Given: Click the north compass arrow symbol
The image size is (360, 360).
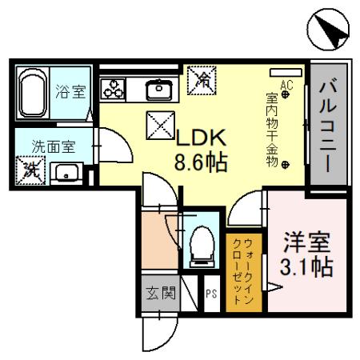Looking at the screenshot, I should click(329, 33).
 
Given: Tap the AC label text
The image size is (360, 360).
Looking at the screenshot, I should click(286, 83).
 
